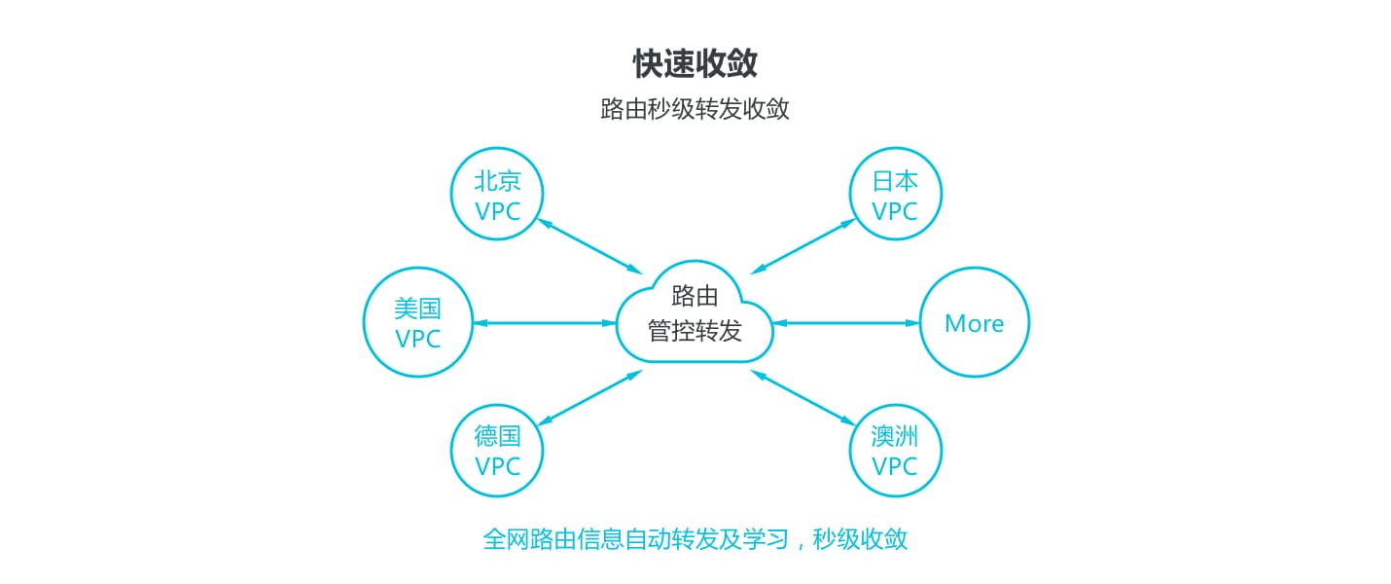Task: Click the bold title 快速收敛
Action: [x=695, y=63]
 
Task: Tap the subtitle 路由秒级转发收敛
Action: [x=695, y=109]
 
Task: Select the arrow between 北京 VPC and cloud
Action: [x=589, y=246]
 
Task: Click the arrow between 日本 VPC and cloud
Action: [x=802, y=246]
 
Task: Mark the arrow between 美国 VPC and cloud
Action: [x=545, y=323]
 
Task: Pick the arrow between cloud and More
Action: [x=846, y=323]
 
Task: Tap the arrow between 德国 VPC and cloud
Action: [x=589, y=398]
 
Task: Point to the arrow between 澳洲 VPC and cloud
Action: [x=802, y=398]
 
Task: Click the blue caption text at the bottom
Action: [x=695, y=538]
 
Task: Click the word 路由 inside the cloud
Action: [x=695, y=296]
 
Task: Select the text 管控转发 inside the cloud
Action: [x=695, y=331]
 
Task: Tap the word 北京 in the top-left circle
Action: [x=497, y=181]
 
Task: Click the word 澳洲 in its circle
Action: [x=894, y=436]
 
